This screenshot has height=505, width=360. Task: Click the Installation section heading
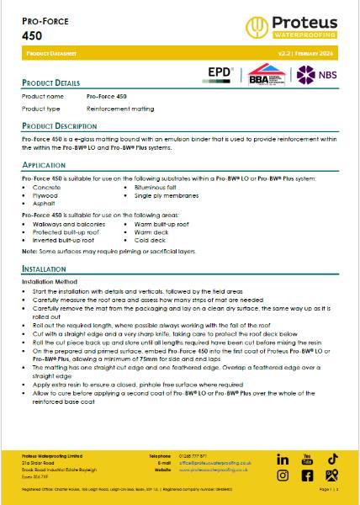(x=46, y=268)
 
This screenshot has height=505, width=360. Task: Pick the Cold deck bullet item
(x=147, y=240)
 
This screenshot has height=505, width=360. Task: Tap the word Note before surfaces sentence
(x=29, y=251)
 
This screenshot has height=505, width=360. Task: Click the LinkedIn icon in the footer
(x=283, y=460)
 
